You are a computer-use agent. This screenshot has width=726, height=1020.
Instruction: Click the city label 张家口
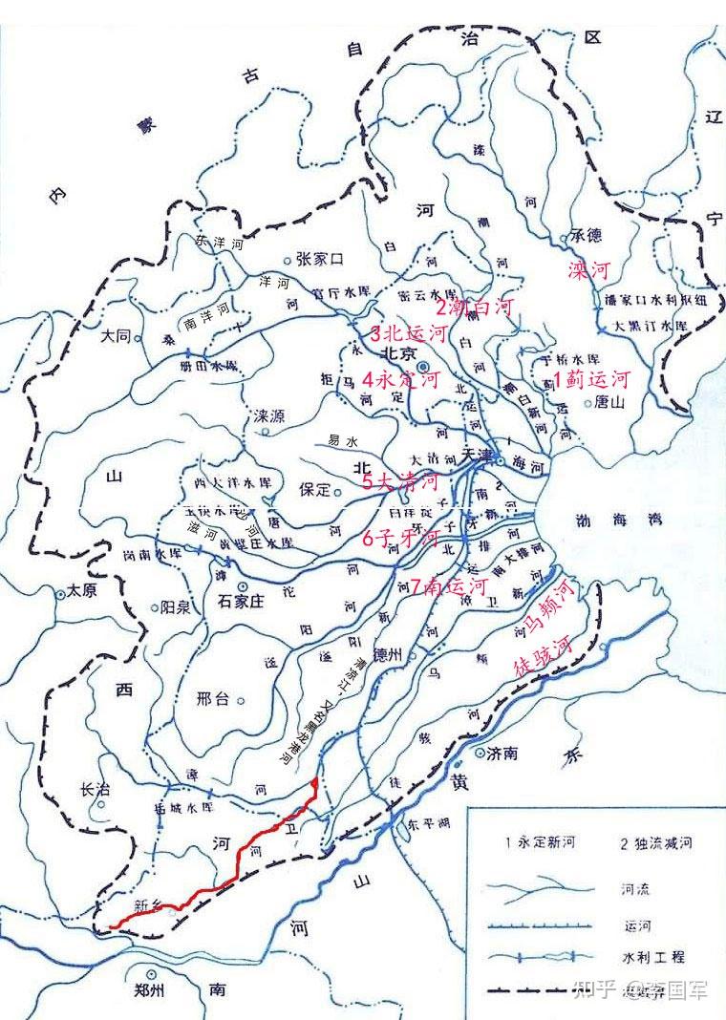click(320, 259)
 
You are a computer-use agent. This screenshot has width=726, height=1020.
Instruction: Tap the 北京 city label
click(397, 353)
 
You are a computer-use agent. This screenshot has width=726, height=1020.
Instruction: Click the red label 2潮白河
click(475, 308)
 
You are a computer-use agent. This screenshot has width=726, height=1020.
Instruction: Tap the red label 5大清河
click(399, 481)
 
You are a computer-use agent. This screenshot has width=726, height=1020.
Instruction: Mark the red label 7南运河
click(449, 585)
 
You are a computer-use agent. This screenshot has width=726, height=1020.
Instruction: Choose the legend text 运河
click(631, 924)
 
